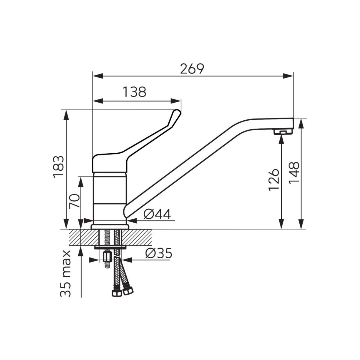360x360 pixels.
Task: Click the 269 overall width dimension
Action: pyautogui.click(x=192, y=69)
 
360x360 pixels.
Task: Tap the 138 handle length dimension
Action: pyautogui.click(x=134, y=92)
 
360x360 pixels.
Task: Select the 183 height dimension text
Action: pyautogui.click(x=58, y=166)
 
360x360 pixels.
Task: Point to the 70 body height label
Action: pyautogui.click(x=74, y=201)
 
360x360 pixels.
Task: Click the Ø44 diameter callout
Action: pyautogui.click(x=157, y=214)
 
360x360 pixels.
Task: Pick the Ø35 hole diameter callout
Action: pyautogui.click(x=158, y=253)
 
